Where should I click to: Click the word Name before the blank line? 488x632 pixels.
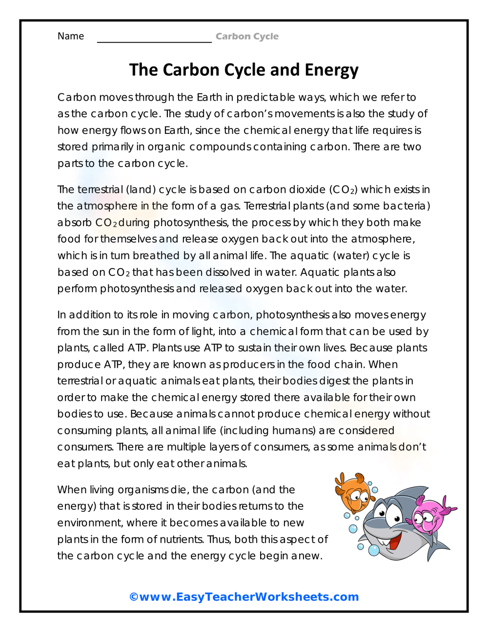(x=71, y=36)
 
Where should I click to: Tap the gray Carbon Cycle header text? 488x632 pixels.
(x=247, y=37)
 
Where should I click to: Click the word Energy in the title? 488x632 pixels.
(x=331, y=70)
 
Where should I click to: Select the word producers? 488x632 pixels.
(x=248, y=365)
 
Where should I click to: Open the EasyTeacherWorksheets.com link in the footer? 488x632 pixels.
(x=244, y=597)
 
